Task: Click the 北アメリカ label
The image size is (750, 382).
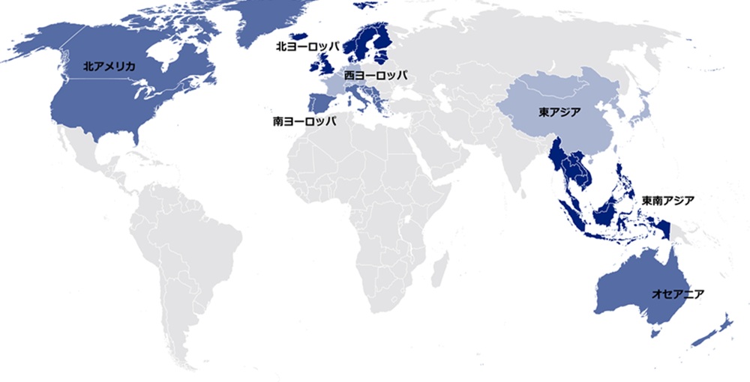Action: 109,67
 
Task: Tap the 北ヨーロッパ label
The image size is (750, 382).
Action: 307,46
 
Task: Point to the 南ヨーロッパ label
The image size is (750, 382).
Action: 304,120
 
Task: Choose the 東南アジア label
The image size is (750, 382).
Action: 667,201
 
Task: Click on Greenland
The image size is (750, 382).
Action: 270,22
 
